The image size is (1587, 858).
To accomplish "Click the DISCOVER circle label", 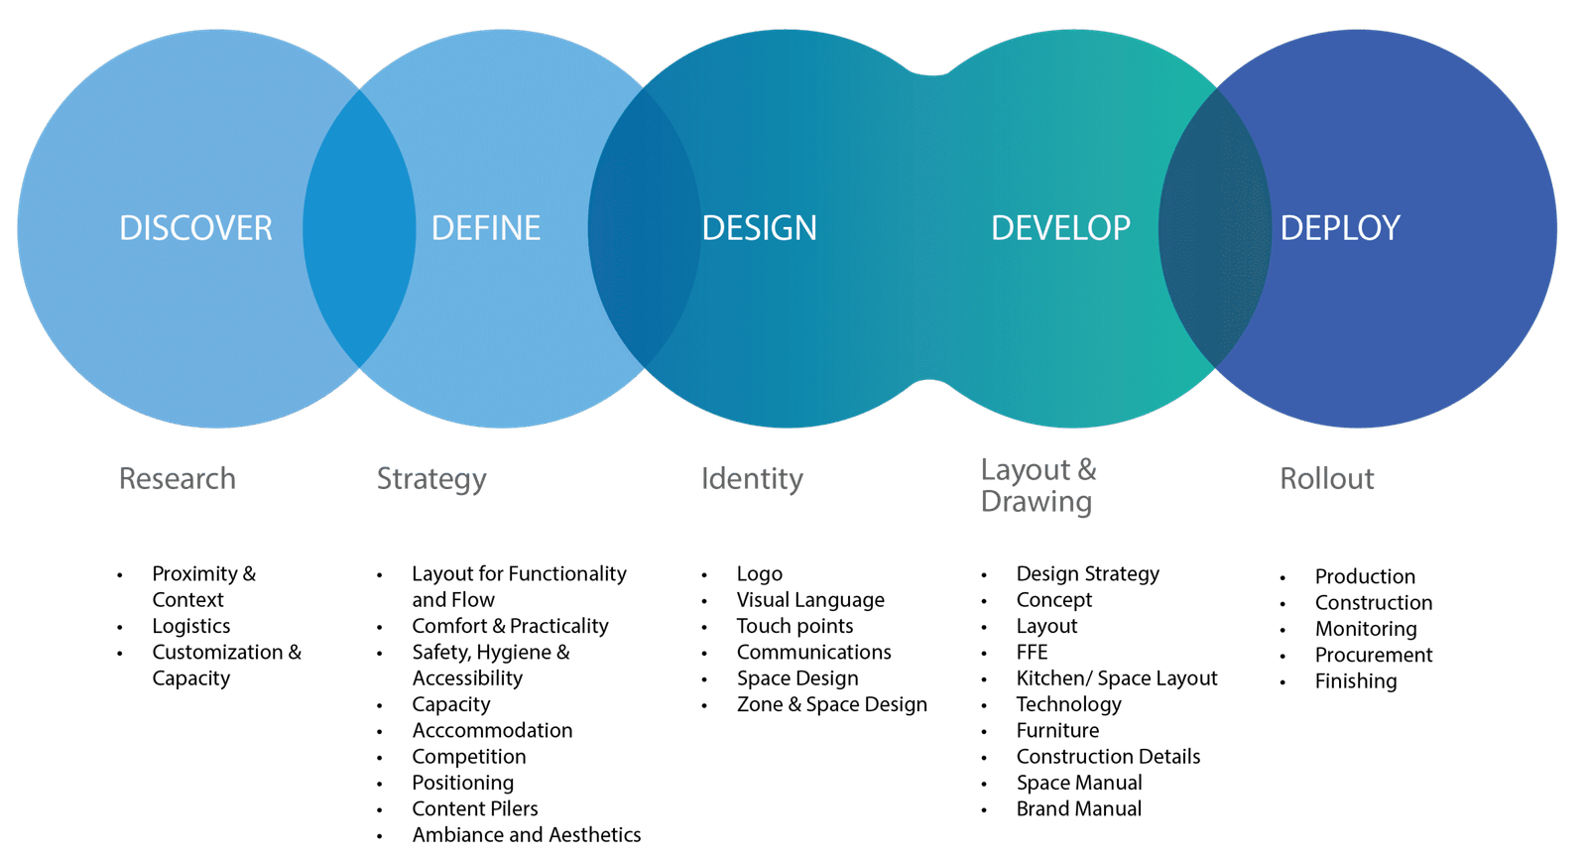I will (195, 228).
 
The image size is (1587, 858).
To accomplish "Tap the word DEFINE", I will (486, 228).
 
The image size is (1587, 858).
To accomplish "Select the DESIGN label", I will (759, 228).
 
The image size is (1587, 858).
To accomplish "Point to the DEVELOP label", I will (1060, 228).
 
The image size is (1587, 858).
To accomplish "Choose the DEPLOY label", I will (1339, 228).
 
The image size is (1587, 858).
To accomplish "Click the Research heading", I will (178, 479).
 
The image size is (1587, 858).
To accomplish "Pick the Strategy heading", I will (431, 479).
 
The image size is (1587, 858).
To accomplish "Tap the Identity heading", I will (752, 479).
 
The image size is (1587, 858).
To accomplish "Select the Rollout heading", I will (1326, 479).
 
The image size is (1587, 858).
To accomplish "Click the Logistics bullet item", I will (190, 626).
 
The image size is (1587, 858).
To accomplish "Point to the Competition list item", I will (468, 757).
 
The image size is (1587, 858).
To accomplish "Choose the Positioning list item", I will (462, 783).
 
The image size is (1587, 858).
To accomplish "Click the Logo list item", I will (759, 573).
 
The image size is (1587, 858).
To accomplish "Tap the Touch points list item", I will (793, 626).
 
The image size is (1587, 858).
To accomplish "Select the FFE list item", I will (1032, 652).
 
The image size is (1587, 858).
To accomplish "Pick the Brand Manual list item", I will (1079, 808).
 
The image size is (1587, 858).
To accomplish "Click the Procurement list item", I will (1374, 655).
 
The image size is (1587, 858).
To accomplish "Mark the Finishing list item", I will (1356, 680).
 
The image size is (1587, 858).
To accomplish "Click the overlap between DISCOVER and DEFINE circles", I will (359, 228).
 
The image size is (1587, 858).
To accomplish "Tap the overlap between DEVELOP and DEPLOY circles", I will (1215, 228).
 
